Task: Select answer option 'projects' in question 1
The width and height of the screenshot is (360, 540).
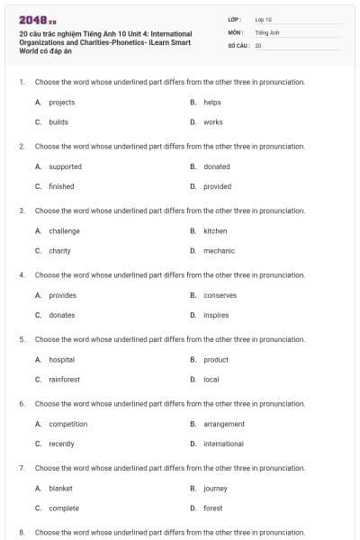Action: (x=61, y=103)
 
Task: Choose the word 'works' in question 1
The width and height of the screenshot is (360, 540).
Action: (x=212, y=121)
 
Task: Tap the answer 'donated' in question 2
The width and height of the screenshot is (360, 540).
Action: (x=216, y=166)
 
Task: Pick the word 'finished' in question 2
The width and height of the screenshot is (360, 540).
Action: (x=61, y=186)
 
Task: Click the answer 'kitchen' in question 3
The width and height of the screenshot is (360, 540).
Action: (x=215, y=231)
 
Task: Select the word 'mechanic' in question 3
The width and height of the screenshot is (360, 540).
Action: (x=219, y=250)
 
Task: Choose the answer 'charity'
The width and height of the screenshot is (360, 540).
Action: (x=59, y=250)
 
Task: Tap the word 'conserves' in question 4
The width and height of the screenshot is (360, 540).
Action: (x=220, y=295)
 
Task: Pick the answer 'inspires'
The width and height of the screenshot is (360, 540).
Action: (x=216, y=315)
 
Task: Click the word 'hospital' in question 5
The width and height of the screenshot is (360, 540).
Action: (x=61, y=359)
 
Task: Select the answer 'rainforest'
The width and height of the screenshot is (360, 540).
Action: (x=64, y=379)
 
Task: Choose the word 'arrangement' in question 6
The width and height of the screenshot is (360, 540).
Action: (x=224, y=424)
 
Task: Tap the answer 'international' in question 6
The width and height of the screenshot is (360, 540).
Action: (x=223, y=444)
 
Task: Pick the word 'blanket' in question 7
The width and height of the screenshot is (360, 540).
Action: (x=60, y=488)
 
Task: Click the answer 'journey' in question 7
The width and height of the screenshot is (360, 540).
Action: (x=215, y=488)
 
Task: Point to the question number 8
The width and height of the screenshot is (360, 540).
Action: (x=22, y=533)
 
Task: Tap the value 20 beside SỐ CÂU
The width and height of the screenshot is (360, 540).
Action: (x=258, y=44)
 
